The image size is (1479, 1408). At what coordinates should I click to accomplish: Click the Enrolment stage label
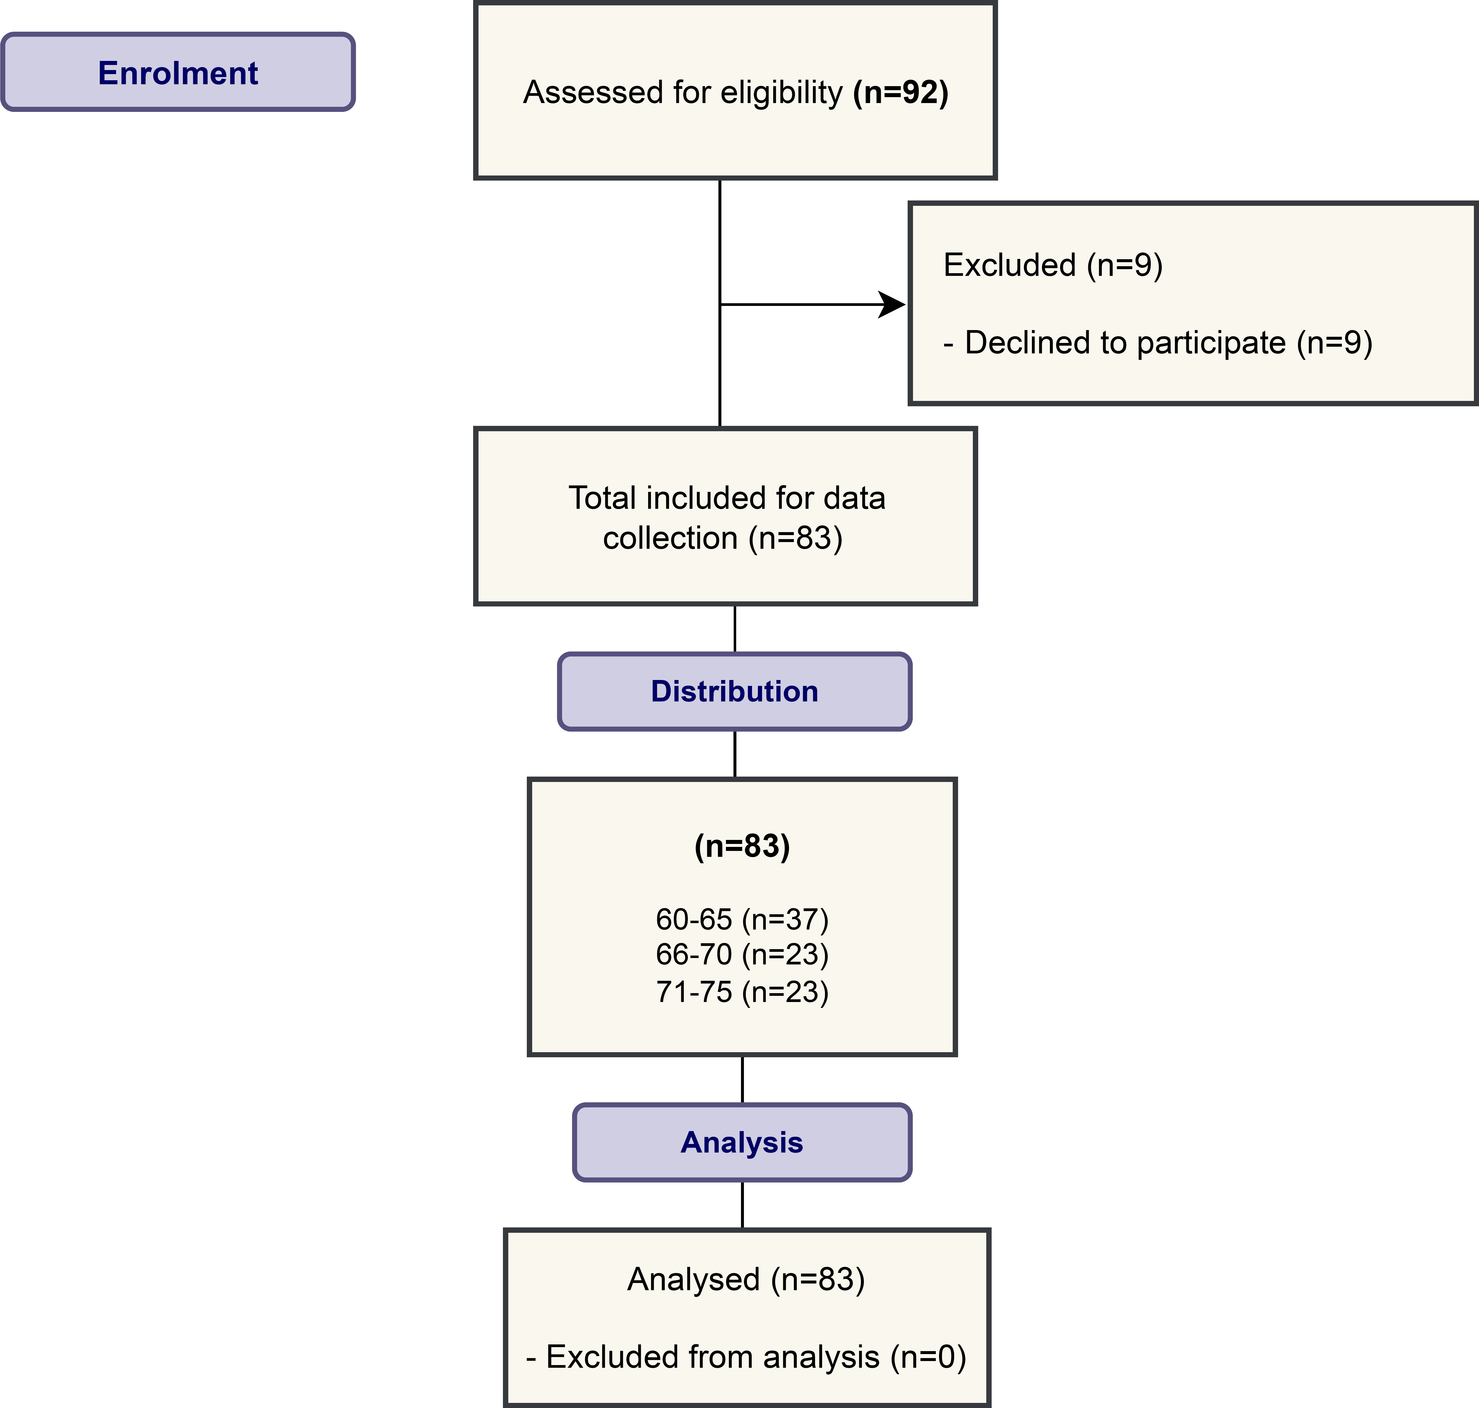click(178, 73)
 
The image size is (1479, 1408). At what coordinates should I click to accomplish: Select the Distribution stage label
click(734, 691)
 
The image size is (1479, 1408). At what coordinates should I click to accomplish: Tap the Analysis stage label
click(742, 1142)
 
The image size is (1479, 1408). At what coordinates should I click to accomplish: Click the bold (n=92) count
click(901, 92)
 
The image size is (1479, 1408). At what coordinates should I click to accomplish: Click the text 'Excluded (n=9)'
click(1053, 265)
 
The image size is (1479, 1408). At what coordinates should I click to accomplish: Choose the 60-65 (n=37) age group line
click(742, 919)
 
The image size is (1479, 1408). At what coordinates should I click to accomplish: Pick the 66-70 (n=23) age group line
click(742, 955)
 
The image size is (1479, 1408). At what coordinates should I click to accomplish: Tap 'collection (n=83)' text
click(723, 538)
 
